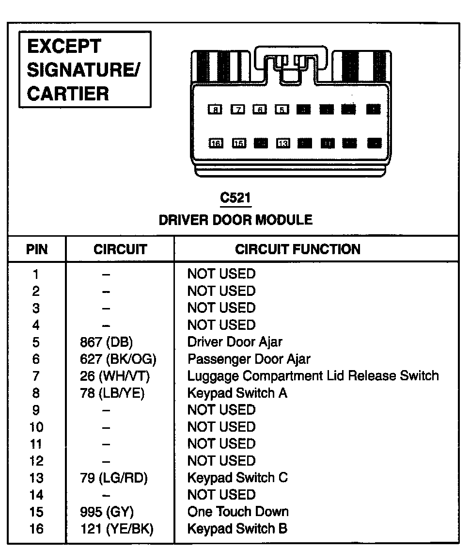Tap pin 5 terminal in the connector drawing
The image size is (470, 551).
pyautogui.click(x=282, y=110)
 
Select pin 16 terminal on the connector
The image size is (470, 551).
pyautogui.click(x=216, y=143)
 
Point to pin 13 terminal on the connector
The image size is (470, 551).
pyautogui.click(x=283, y=143)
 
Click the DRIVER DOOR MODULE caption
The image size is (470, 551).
pyautogui.click(x=236, y=220)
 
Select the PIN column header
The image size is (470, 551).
pyautogui.click(x=37, y=249)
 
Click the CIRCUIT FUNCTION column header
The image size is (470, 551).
pyautogui.click(x=298, y=249)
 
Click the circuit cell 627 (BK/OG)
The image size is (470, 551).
pyautogui.click(x=118, y=359)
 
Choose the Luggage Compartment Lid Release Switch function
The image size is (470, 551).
pyautogui.click(x=313, y=376)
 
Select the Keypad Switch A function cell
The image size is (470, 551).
pyautogui.click(x=237, y=393)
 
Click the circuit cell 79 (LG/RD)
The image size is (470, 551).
pyautogui.click(x=113, y=478)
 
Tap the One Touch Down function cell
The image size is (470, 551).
pyautogui.click(x=238, y=512)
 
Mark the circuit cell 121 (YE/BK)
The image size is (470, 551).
pyautogui.click(x=116, y=529)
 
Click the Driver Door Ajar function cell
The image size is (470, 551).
pyautogui.click(x=235, y=342)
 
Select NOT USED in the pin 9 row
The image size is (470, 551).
pyautogui.click(x=221, y=410)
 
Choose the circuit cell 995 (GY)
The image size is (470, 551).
pyautogui.click(x=107, y=512)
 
